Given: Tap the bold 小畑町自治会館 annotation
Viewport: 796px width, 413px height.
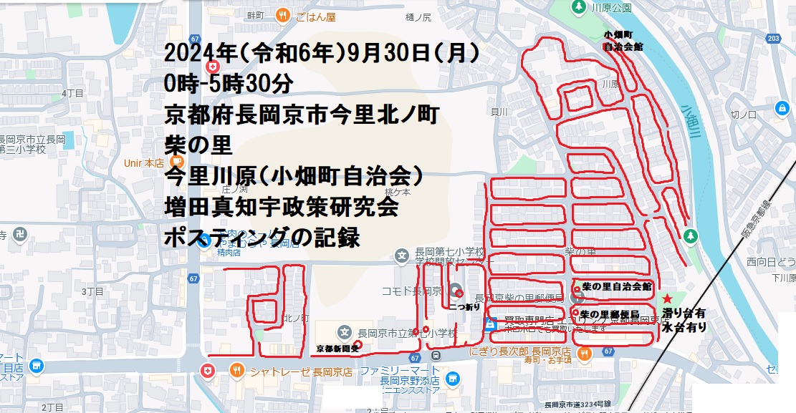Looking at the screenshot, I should [x=623, y=40].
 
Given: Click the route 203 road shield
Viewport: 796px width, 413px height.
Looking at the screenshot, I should [x=772, y=38].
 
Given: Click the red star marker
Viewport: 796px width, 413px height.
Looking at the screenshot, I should [x=668, y=298].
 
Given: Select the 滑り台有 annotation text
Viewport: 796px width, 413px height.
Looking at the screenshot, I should [x=686, y=313].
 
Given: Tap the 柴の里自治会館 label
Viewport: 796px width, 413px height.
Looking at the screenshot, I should [x=617, y=286].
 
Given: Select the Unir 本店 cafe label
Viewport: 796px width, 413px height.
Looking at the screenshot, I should [x=144, y=162].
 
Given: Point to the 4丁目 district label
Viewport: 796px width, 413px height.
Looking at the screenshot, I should [x=73, y=93].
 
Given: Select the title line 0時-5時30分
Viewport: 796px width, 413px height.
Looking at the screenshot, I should [x=229, y=84].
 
